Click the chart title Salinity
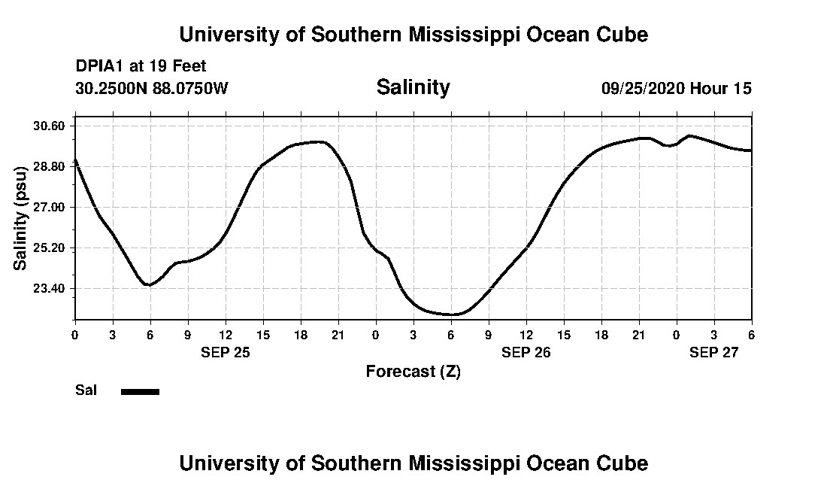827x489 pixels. tap(413, 87)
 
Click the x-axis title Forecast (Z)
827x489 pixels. tap(413, 371)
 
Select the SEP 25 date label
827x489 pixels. tap(225, 351)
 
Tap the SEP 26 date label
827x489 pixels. tap(526, 351)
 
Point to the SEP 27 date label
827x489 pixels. tap(713, 351)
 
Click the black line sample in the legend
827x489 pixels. tap(140, 391)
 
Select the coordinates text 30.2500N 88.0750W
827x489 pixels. tap(151, 88)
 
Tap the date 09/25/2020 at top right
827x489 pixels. tap(643, 88)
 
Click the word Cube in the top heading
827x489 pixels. tap(621, 35)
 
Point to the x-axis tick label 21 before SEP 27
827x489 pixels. tap(638, 335)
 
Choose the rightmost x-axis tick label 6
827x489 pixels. tap(751, 335)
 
